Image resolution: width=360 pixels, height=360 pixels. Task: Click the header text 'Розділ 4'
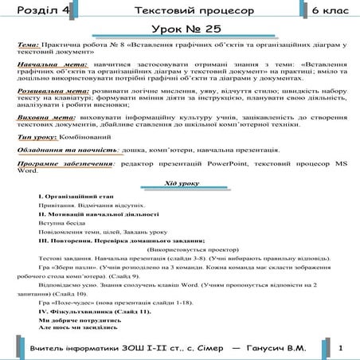(35, 12)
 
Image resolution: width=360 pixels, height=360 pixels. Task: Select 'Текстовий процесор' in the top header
(183, 12)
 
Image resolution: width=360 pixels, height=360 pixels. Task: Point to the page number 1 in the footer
(340, 349)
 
